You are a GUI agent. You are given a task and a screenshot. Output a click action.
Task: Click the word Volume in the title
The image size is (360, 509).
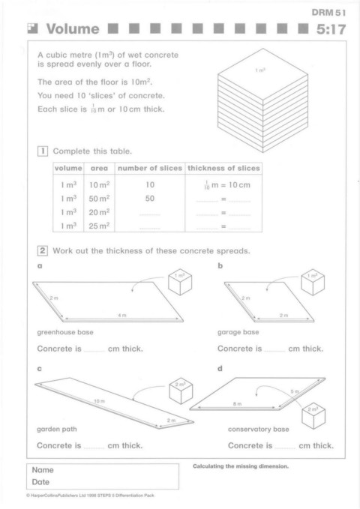(73, 29)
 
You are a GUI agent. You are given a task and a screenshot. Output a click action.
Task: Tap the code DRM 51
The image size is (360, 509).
(328, 13)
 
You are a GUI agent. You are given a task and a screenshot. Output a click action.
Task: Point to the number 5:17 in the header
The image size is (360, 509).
(331, 29)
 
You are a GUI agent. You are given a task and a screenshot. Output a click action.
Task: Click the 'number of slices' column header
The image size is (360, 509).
(150, 168)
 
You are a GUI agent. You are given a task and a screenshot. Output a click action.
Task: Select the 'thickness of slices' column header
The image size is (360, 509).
(223, 168)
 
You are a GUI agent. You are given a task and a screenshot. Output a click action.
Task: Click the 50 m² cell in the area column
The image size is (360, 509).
(99, 199)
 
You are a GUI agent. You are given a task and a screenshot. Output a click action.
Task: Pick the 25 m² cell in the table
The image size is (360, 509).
(99, 226)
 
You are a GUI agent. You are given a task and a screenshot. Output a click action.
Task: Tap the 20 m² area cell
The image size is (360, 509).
(99, 212)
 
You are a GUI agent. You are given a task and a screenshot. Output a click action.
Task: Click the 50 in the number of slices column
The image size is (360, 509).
(150, 199)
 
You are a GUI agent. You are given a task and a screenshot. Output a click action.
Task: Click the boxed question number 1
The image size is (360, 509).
(43, 151)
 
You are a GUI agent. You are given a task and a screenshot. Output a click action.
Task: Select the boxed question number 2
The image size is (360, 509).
(43, 250)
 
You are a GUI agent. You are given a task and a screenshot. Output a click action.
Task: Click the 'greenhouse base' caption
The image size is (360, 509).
(65, 332)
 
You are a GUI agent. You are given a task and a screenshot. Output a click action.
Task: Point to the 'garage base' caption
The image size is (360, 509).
(238, 332)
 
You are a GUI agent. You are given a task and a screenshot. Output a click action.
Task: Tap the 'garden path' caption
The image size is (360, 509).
(57, 429)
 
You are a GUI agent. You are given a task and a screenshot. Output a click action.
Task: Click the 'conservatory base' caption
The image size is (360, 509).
(258, 429)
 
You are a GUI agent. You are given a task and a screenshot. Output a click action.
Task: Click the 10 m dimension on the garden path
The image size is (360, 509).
(100, 401)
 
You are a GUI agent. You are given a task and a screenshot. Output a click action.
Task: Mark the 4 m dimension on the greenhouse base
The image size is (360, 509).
(122, 315)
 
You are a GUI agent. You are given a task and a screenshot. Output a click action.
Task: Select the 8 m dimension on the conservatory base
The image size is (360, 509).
(237, 404)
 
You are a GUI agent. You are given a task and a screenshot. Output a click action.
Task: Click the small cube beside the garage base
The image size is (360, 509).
(313, 282)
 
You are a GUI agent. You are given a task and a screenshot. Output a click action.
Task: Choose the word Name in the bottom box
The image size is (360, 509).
(43, 470)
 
